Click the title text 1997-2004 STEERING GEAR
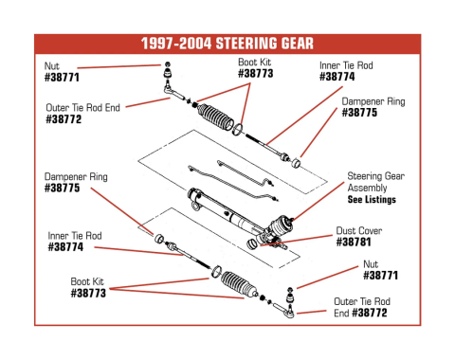pyautogui.click(x=227, y=44)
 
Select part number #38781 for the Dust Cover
pyautogui.click(x=354, y=243)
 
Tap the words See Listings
pyautogui.click(x=372, y=200)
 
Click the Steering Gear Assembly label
pyautogui.click(x=375, y=182)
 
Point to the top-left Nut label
pyautogui.click(x=52, y=66)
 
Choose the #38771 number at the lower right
pyautogui.click(x=380, y=276)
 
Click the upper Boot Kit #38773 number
pyautogui.click(x=255, y=74)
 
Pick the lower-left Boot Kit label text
pyautogui.click(x=87, y=281)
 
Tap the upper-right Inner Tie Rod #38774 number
pyautogui.click(x=337, y=77)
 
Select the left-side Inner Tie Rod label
pyautogui.click(x=75, y=236)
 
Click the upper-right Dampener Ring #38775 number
pyautogui.click(x=359, y=113)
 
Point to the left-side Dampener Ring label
pyautogui.click(x=76, y=176)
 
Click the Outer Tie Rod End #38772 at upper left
pyautogui.click(x=64, y=119)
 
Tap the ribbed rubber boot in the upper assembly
pyautogui.click(x=215, y=117)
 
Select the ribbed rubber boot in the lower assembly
pyautogui.click(x=239, y=284)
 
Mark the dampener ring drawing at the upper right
pyautogui.click(x=296, y=163)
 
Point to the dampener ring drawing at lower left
pyautogui.click(x=159, y=239)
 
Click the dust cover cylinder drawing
pyautogui.click(x=252, y=243)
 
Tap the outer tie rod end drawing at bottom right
pyautogui.click(x=284, y=310)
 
